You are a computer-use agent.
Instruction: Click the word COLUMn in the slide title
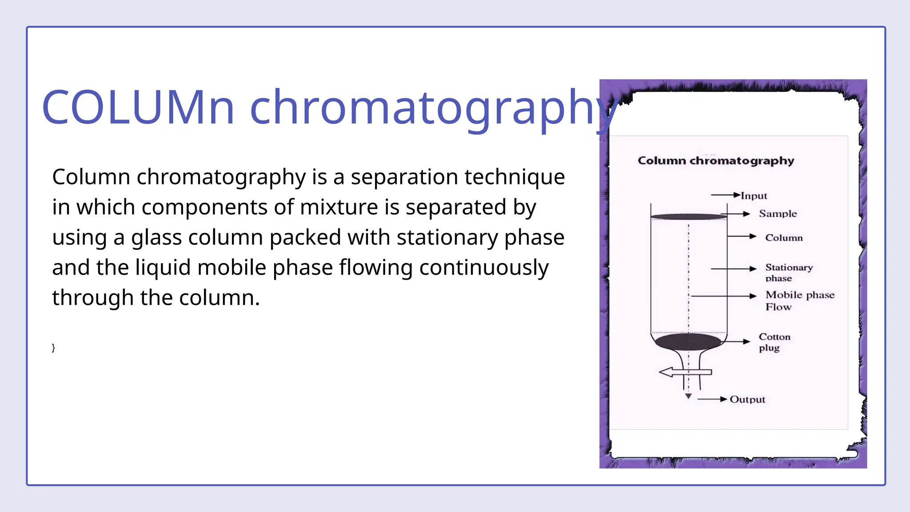(x=138, y=108)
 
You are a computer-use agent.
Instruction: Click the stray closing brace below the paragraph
(x=53, y=348)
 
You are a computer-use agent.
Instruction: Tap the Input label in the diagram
(x=754, y=196)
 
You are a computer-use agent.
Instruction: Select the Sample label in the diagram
(x=778, y=214)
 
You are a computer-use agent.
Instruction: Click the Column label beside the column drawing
(x=784, y=238)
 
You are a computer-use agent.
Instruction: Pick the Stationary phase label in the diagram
(x=789, y=272)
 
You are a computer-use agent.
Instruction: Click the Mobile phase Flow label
(x=799, y=301)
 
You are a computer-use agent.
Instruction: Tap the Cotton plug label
(x=774, y=342)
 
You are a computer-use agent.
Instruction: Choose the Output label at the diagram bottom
(x=747, y=400)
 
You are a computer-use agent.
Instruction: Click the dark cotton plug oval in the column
(x=688, y=342)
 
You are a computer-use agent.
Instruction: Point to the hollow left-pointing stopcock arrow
(x=684, y=372)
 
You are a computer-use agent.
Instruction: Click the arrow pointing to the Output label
(x=712, y=400)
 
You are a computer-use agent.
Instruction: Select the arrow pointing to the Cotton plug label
(x=738, y=341)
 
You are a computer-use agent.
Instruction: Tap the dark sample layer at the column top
(x=688, y=217)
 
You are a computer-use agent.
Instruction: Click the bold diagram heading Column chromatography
(x=716, y=160)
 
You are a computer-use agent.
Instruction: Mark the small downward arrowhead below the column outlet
(x=688, y=396)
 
